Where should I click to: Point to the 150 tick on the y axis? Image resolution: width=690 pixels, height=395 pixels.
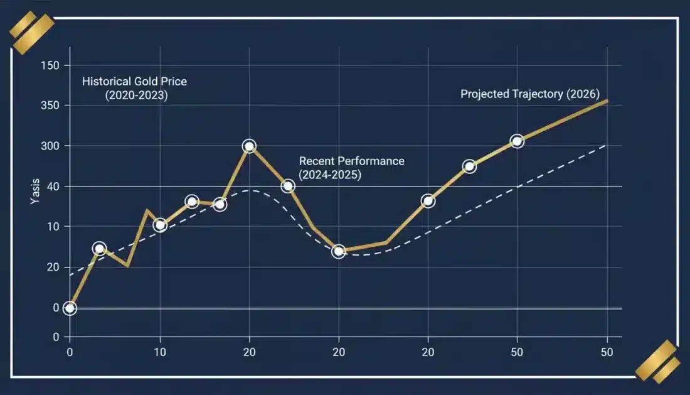click(50, 65)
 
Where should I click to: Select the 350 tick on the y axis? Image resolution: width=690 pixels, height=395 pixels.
click(50, 106)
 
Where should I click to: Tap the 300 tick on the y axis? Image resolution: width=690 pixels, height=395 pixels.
click(50, 146)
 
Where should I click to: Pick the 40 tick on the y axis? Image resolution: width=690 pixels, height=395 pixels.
click(54, 187)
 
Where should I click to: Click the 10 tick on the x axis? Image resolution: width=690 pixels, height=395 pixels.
click(160, 351)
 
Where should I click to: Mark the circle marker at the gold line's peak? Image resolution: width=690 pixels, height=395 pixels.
click(249, 146)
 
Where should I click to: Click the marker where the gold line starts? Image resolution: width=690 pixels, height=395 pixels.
click(70, 308)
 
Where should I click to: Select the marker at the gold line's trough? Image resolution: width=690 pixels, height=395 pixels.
click(339, 251)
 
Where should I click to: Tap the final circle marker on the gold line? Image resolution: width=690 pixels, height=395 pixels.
click(517, 141)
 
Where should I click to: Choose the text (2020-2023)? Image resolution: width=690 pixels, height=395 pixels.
click(136, 95)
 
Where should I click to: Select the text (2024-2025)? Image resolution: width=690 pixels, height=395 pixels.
click(330, 175)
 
